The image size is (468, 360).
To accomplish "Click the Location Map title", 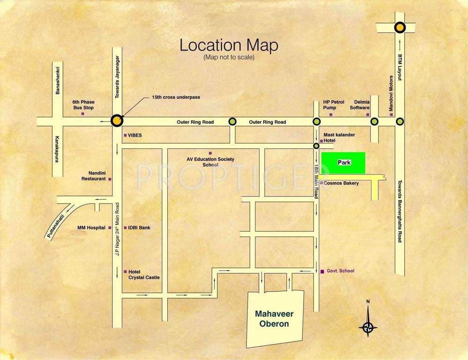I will [229, 45].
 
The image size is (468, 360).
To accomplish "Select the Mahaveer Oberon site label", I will [272, 319].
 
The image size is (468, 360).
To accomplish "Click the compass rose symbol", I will [368, 327].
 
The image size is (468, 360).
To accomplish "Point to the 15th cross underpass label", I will [176, 97].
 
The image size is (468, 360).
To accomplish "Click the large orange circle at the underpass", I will [117, 121].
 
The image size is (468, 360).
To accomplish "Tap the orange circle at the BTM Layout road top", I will [399, 28].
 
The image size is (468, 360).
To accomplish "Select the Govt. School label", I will [341, 271].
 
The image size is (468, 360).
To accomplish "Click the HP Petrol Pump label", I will [334, 105].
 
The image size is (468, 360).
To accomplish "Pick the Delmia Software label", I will [360, 105].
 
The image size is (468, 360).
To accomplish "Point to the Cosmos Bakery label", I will [341, 183].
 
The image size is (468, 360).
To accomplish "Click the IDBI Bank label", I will [139, 228].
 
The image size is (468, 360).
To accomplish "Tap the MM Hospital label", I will [91, 228].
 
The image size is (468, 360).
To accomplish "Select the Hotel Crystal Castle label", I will [144, 275].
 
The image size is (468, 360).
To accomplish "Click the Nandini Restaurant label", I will [94, 175].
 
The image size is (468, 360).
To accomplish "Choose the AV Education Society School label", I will [210, 162].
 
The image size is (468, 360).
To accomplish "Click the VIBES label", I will [135, 135].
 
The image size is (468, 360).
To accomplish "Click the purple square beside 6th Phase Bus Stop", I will [83, 113].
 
